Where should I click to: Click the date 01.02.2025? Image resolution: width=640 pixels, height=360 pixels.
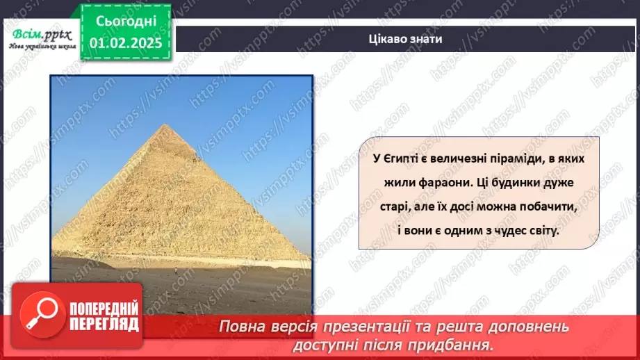[126, 42]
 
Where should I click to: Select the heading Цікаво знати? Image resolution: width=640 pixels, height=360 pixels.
[406, 38]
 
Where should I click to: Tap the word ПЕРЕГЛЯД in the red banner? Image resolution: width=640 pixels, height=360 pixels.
[105, 325]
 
